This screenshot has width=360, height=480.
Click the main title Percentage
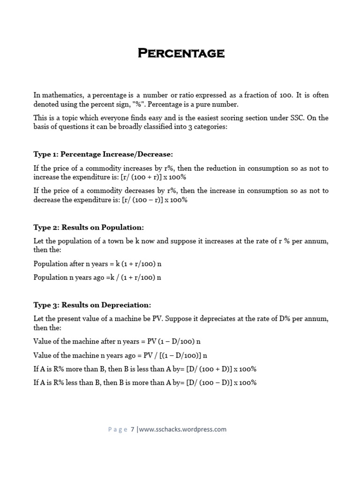(x=181, y=53)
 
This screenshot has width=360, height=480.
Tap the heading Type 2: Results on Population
(x=89, y=227)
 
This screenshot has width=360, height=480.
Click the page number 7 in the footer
(x=133, y=429)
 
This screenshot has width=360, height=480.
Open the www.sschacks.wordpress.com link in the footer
(x=183, y=429)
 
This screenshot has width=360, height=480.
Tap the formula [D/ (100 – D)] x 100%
(x=221, y=382)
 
